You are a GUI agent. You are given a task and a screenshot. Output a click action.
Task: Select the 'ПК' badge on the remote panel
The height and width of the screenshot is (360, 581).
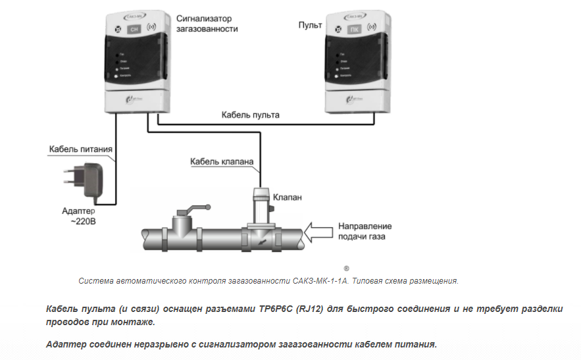(354, 30)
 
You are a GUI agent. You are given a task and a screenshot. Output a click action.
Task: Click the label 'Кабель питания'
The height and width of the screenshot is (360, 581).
(81, 149)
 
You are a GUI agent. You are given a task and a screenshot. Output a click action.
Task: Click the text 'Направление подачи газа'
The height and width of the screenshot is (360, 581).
(361, 231)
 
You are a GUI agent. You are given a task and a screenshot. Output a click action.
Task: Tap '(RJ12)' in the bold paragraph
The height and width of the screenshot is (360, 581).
(307, 309)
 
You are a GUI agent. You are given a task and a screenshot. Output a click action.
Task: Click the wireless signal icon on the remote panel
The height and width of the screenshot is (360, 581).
(372, 29)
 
